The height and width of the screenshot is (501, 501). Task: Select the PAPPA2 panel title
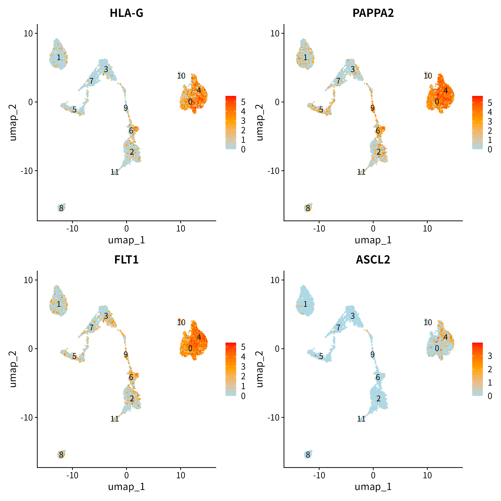[373, 13]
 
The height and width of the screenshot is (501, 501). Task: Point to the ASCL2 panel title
[373, 260]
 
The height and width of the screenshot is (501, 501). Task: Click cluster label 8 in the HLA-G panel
[61, 208]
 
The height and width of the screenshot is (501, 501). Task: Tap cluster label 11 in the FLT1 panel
[115, 419]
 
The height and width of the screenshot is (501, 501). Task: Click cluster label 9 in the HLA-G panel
[126, 108]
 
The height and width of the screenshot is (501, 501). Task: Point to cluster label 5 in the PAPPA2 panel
[321, 110]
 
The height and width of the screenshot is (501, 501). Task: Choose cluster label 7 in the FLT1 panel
[91, 327]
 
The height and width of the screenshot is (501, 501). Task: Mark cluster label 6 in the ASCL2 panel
[378, 377]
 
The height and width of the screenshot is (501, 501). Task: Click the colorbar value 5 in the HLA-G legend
[243, 102]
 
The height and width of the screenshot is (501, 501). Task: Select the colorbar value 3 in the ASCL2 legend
[490, 356]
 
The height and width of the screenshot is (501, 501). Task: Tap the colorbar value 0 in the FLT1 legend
[243, 396]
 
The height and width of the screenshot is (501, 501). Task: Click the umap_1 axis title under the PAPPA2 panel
[373, 240]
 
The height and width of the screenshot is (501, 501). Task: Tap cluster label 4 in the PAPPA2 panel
[446, 90]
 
